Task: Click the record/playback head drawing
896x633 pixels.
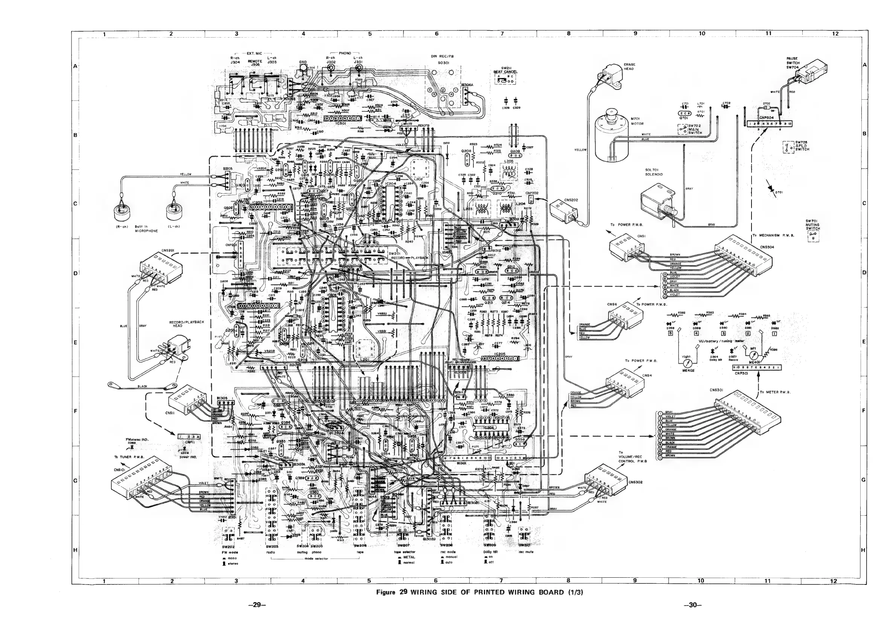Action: pos(173,348)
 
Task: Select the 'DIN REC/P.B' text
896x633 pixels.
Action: pos(442,56)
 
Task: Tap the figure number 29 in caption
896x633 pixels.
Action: pos(403,592)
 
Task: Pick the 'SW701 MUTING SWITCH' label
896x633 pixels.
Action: pos(813,225)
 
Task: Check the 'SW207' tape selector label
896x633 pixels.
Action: pos(403,545)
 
